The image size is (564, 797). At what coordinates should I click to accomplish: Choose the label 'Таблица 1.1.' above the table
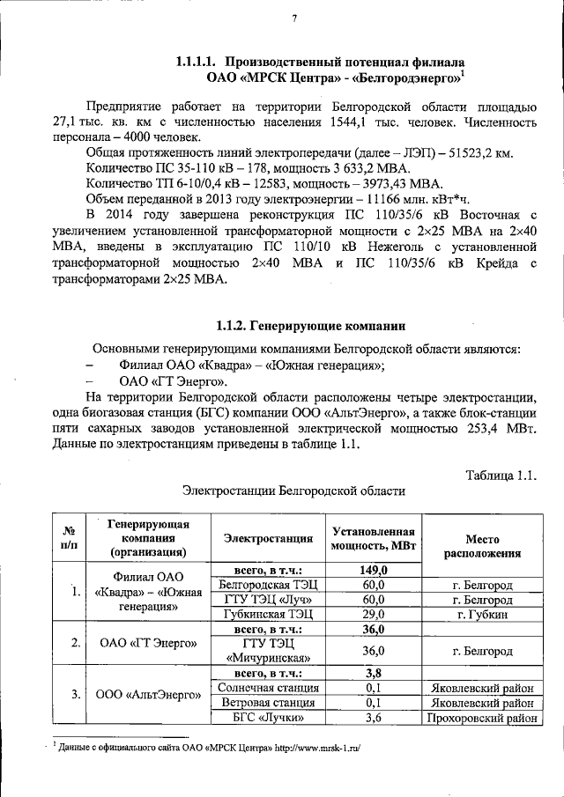pyautogui.click(x=501, y=476)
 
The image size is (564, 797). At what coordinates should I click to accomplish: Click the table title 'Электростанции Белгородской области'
pyautogui.click(x=293, y=491)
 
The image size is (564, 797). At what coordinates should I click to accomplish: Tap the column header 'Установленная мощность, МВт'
pyautogui.click(x=373, y=538)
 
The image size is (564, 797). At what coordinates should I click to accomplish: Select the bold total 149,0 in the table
pyautogui.click(x=374, y=569)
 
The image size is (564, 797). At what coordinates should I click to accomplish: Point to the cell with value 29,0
pyautogui.click(x=374, y=614)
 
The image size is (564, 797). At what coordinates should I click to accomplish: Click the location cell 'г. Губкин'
pyautogui.click(x=481, y=614)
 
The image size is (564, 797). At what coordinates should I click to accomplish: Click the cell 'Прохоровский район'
pyautogui.click(x=481, y=718)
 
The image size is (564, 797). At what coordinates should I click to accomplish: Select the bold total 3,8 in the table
pyautogui.click(x=374, y=673)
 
